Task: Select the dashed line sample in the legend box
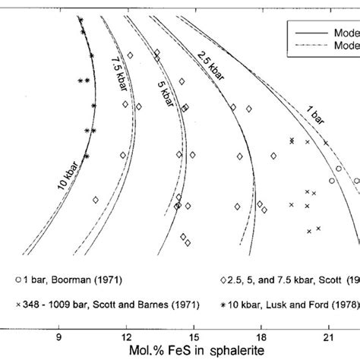[x=304, y=45]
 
